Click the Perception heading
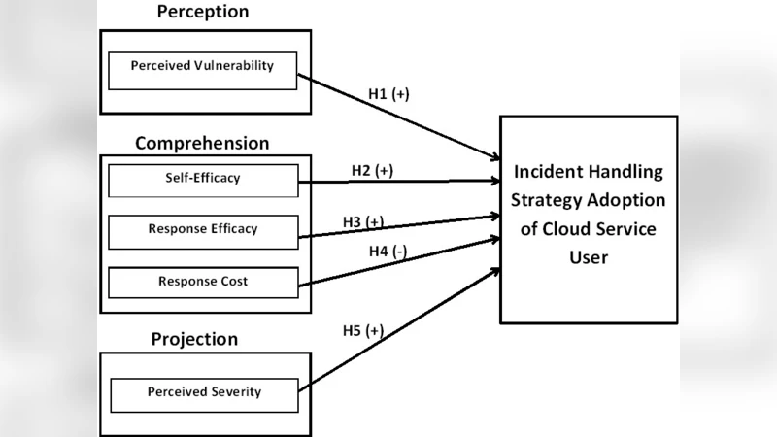coord(202,13)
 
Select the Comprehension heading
coord(202,144)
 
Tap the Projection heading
coord(194,339)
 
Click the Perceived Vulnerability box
coord(203,67)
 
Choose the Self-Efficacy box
coord(203,180)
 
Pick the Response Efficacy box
coord(203,230)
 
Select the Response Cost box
coord(203,282)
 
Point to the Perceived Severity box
coord(204,393)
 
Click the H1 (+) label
coord(388,95)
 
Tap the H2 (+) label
coord(372,170)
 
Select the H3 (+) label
coord(362,221)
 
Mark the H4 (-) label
coord(388,251)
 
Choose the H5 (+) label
coord(362,331)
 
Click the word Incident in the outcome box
coord(548,172)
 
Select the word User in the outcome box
coord(589,257)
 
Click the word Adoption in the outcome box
coord(628,201)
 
